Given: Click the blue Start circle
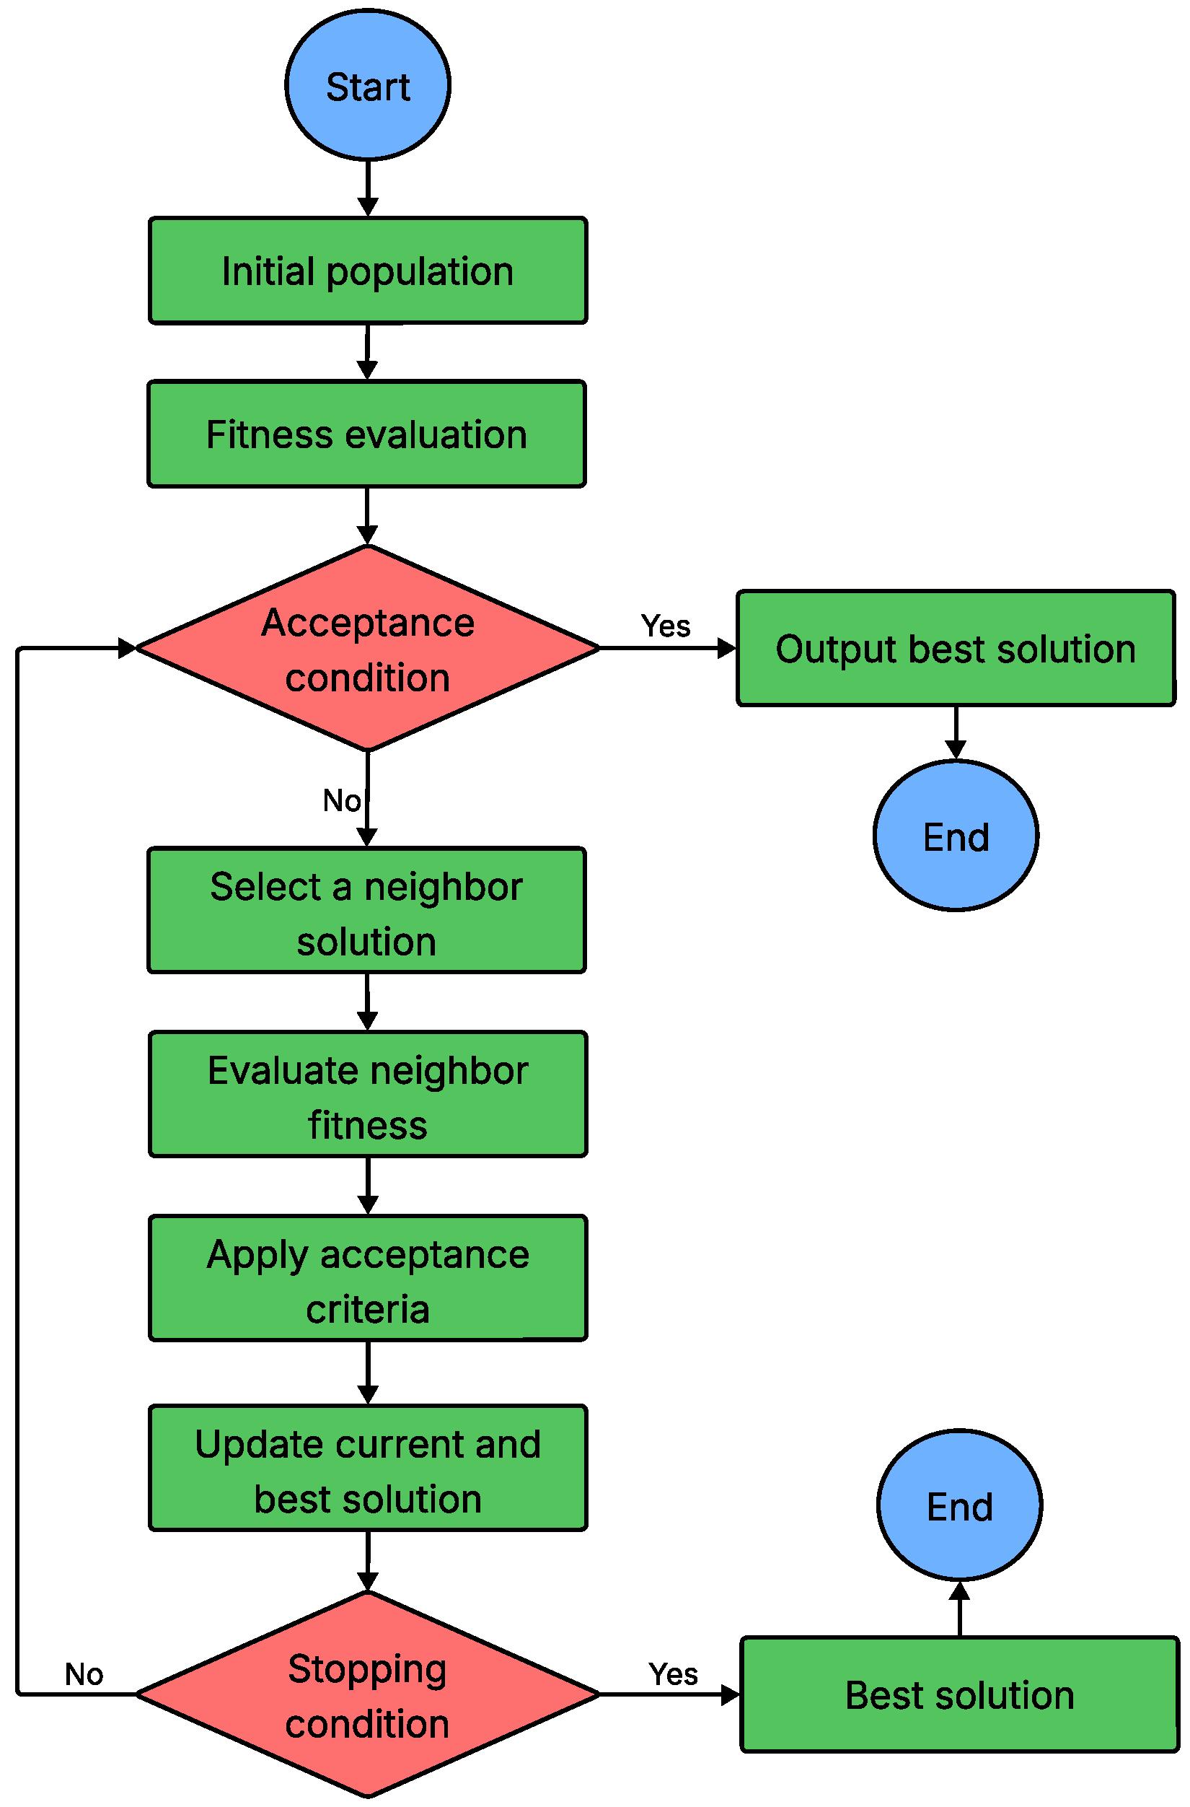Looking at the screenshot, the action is point(367,85).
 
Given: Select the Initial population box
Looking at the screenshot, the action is point(367,271).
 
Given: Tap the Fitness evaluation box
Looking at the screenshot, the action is point(366,434).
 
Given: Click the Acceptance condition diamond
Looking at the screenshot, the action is point(367,648).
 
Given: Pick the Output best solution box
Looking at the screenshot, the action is point(956,648).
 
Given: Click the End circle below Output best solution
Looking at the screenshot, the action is point(956,836).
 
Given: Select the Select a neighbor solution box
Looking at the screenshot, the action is point(366,910).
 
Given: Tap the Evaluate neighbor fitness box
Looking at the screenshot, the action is point(367,1095).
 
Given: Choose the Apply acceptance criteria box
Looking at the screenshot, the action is point(367,1279).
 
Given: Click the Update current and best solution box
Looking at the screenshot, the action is point(367,1469).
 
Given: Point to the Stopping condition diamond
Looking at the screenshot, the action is point(367,1694).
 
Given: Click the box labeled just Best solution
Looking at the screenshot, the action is point(959,1694).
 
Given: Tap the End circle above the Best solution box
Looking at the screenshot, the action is point(959,1505).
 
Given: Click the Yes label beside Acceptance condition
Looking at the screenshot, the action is point(666,626).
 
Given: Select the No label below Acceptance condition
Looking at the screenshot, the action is point(342,800).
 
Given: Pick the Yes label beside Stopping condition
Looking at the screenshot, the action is point(673,1674).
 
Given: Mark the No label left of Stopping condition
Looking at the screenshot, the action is point(84,1674).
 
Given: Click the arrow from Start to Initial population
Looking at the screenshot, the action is point(367,189).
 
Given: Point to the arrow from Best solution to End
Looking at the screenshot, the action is point(959,1609).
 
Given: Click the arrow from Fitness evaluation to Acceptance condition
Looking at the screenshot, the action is point(366,516).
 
